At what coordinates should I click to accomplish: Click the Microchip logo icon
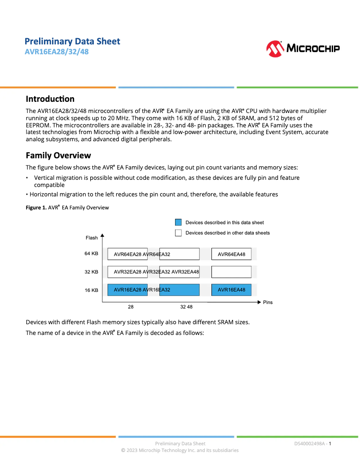coord(275,48)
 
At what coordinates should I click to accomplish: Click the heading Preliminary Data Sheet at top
coord(72,41)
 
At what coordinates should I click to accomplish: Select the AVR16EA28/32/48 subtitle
coord(56,52)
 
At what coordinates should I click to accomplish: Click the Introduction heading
coord(50,99)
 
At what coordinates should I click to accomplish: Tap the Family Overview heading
coord(58,155)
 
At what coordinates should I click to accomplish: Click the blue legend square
coord(178,222)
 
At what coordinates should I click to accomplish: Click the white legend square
coord(178,233)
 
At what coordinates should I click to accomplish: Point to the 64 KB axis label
coord(91,254)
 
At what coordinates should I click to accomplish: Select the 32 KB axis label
coord(91,272)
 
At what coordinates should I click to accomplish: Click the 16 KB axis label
coord(91,290)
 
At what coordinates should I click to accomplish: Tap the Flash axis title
coord(92,238)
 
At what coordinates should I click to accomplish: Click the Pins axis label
coord(268,302)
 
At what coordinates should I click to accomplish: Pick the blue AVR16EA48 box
coord(232,290)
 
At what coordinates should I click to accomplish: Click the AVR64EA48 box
coord(232,254)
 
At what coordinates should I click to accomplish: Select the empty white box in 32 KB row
coord(232,272)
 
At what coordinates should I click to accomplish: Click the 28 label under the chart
coord(131,307)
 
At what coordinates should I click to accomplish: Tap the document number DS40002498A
coord(310,443)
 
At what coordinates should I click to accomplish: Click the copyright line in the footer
coord(180,450)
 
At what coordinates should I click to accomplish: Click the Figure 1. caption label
coord(36,208)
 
